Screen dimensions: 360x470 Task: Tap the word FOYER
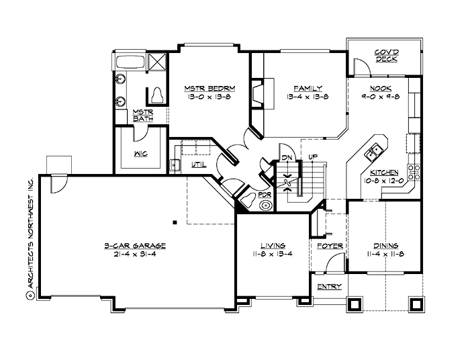(x=330, y=246)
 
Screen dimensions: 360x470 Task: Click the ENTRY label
(x=329, y=287)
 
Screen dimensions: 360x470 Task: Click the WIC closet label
(x=140, y=153)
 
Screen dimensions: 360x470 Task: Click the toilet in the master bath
(x=158, y=94)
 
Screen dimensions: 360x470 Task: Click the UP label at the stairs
(x=312, y=157)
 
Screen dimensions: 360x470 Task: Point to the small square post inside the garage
(x=174, y=221)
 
